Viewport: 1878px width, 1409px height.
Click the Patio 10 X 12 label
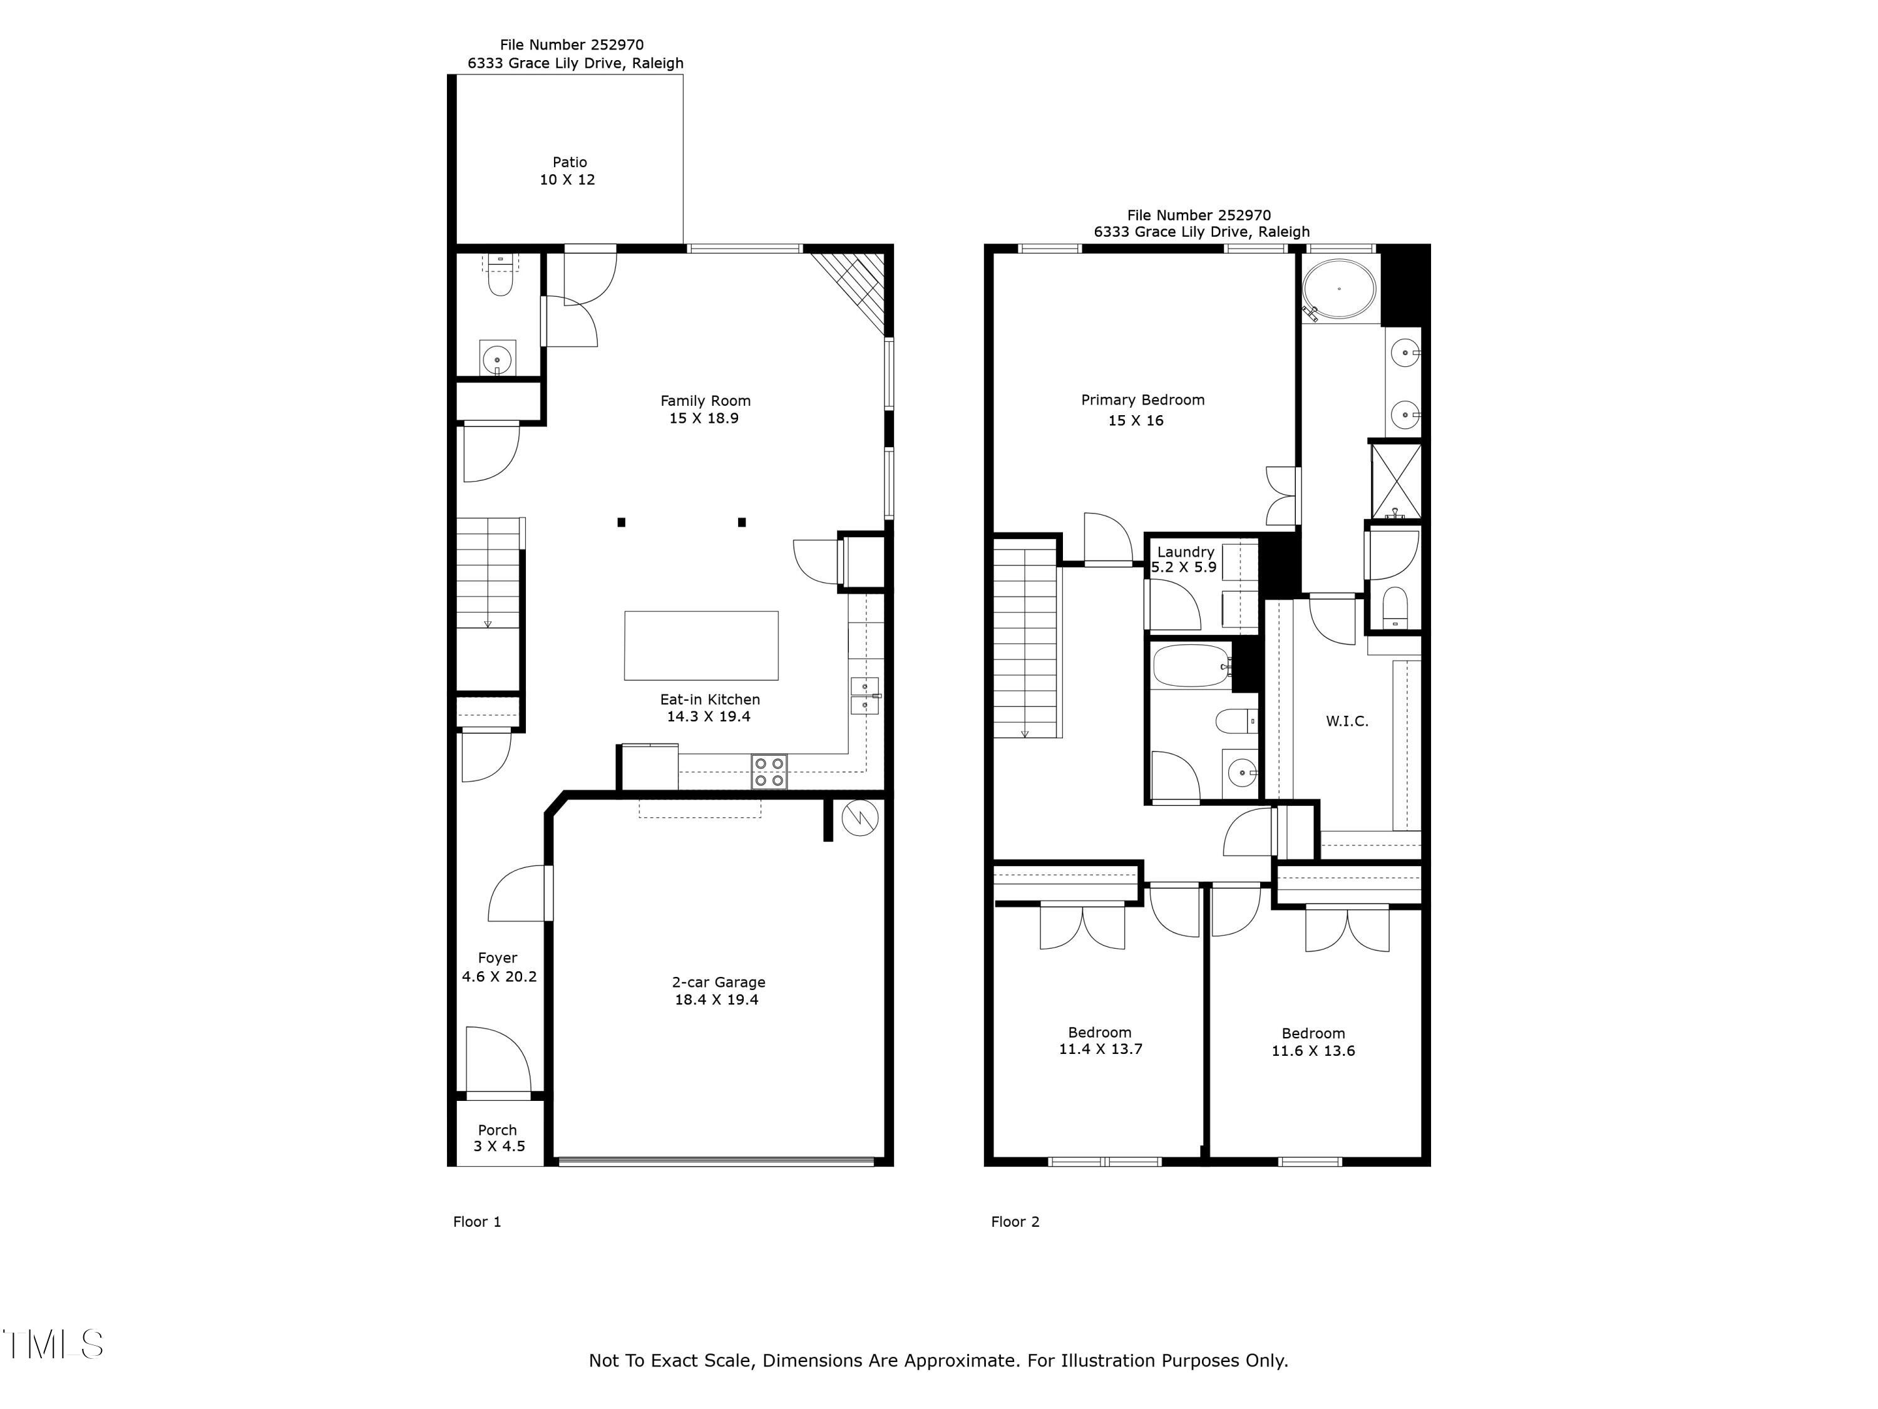[x=568, y=171]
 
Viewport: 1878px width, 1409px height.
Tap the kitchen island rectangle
[x=701, y=646]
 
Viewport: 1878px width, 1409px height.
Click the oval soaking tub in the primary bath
[x=1339, y=289]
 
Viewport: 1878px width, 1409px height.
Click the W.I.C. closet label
[x=1347, y=721]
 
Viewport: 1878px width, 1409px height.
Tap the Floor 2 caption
[x=1015, y=1221]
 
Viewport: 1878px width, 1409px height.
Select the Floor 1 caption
[x=477, y=1221]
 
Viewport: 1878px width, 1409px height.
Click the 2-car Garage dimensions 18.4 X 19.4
[x=717, y=999]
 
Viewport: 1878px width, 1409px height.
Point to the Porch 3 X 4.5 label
[x=498, y=1138]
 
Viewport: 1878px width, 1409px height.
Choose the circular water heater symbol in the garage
[x=860, y=818]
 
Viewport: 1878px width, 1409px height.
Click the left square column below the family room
[x=622, y=522]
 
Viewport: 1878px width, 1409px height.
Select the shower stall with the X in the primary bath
[x=1396, y=481]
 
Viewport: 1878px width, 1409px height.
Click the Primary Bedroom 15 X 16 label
[x=1142, y=410]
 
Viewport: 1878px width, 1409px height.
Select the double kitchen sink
[x=865, y=696]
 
